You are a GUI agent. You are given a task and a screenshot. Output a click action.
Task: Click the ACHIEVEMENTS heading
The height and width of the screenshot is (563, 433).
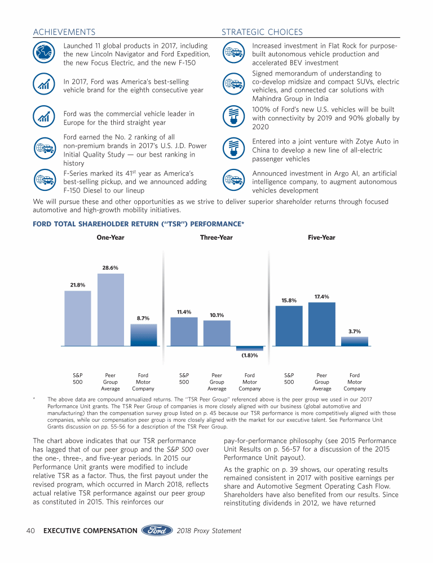tap(64, 32)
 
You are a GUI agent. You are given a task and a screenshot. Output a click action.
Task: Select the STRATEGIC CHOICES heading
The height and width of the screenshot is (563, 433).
tap(262, 32)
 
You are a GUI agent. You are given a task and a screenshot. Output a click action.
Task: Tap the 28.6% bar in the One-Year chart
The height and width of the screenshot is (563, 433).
tap(111, 309)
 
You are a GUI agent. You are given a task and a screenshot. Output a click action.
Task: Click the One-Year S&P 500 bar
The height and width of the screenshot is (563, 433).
tap(78, 318)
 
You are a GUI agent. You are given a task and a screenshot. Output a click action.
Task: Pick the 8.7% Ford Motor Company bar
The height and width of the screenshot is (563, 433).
tap(143, 334)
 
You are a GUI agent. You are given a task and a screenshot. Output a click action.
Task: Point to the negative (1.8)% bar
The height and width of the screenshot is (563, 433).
tap(249, 348)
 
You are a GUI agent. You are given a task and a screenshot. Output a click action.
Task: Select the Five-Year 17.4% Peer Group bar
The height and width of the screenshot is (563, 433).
tap(322, 324)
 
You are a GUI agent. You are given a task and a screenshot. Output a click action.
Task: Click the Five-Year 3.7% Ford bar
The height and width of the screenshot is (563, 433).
tap(355, 341)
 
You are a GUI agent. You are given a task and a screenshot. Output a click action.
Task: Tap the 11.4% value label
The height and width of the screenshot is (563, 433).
tap(184, 312)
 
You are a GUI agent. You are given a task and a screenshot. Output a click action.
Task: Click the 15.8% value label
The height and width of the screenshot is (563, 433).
tap(289, 300)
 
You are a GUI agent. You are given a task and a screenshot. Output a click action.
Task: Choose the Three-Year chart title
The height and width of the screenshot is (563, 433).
tap(216, 238)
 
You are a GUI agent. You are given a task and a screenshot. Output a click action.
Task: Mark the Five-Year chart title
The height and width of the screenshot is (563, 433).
tap(321, 238)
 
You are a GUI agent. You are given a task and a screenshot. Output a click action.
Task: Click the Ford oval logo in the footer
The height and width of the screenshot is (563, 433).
tap(157, 530)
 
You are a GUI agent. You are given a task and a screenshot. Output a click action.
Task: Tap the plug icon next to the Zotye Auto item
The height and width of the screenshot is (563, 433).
tap(232, 149)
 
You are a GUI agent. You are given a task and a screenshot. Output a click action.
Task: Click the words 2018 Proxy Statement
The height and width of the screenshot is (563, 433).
tap(209, 531)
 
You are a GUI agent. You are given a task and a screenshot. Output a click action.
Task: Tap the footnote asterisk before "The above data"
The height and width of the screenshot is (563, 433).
tap(35, 398)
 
